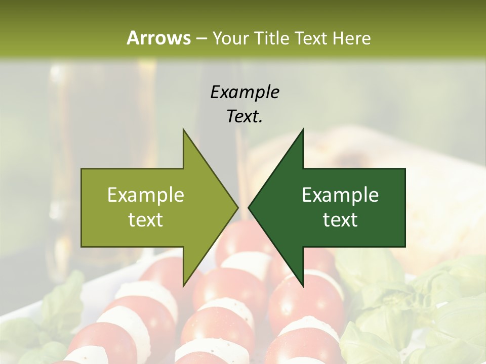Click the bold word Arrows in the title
point(158,38)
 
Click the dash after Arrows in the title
point(201,38)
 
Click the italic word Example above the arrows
point(245,92)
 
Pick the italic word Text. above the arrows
point(245,116)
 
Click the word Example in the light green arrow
point(145,195)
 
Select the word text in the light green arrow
point(145,220)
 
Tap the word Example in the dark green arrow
point(340,195)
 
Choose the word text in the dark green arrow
point(340,220)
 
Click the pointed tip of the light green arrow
point(238,207)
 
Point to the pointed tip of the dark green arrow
point(248,207)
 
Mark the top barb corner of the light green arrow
point(183,129)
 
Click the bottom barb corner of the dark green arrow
point(303,286)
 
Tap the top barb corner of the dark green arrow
point(303,129)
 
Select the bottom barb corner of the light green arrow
point(183,286)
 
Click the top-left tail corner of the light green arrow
point(82,168)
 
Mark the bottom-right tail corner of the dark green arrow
point(405,247)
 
